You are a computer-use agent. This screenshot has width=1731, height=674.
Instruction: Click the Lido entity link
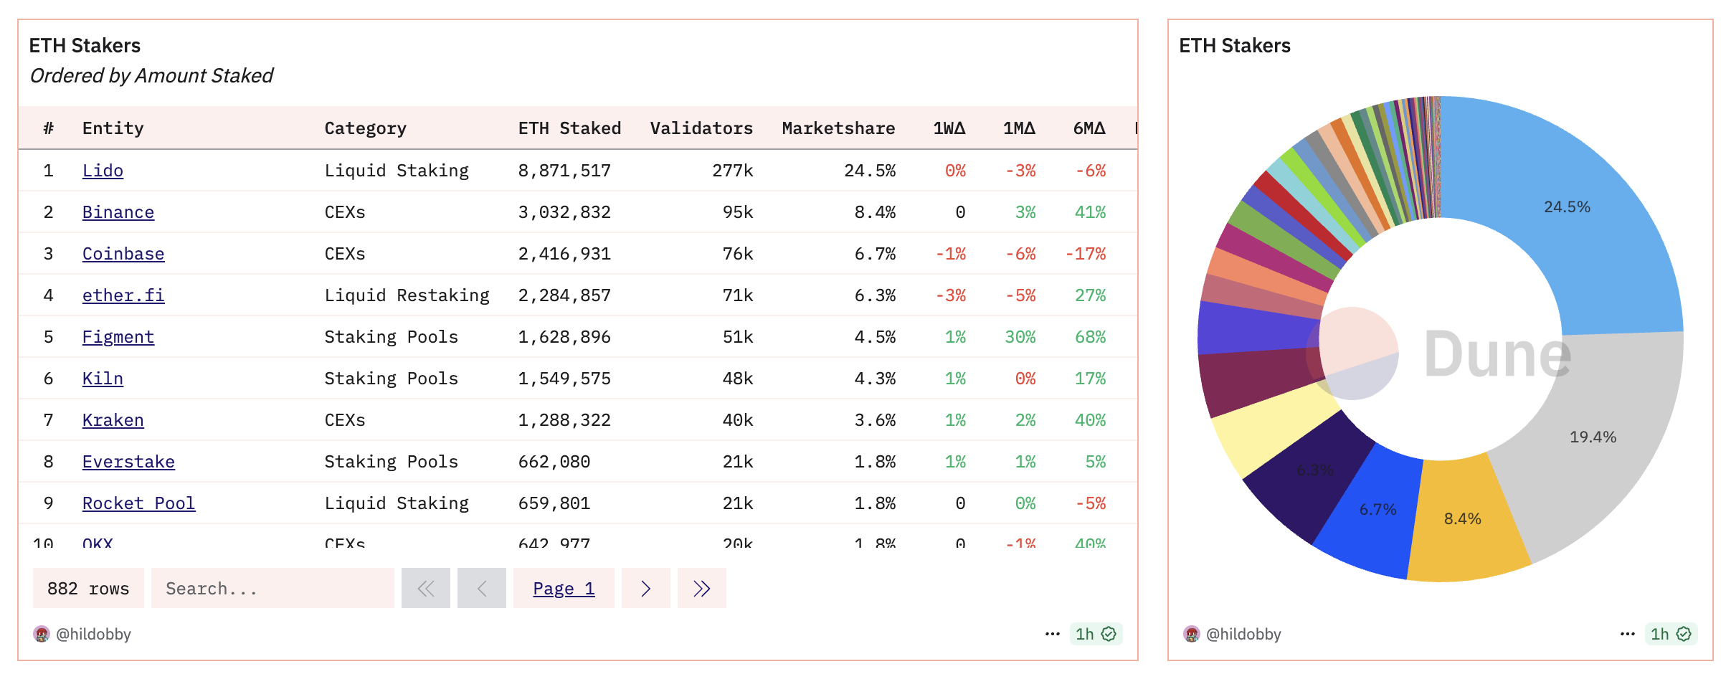tap(103, 171)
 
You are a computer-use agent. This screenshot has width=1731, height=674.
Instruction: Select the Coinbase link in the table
tap(123, 254)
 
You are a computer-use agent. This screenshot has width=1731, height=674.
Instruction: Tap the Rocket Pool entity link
tap(138, 503)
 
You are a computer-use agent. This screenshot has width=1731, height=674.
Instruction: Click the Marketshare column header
tap(838, 128)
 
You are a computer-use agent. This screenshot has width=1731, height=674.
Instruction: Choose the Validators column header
tap(701, 128)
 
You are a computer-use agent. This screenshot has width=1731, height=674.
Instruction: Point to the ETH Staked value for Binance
tap(564, 212)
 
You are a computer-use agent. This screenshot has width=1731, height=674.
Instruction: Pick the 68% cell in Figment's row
tap(1090, 337)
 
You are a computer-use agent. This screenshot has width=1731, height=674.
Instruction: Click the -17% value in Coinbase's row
tap(1086, 254)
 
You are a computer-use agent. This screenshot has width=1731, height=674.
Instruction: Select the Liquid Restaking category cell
tap(407, 295)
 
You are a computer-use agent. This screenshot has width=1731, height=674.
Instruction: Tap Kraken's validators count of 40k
tap(737, 420)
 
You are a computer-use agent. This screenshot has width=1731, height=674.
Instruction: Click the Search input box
tap(272, 589)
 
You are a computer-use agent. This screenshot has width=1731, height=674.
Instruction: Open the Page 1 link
tap(564, 589)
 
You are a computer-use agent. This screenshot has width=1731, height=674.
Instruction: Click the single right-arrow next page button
tap(645, 589)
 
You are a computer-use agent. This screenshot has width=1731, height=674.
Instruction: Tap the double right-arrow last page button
tap(701, 589)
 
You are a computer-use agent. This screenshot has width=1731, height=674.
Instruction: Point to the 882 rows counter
tap(88, 589)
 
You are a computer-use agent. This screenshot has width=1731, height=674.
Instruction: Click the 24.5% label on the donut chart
tap(1567, 207)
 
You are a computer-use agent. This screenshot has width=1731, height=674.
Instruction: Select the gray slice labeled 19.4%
tap(1593, 437)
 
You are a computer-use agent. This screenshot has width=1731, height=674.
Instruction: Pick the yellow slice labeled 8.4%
tap(1463, 519)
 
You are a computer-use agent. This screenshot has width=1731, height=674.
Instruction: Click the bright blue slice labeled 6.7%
tap(1377, 510)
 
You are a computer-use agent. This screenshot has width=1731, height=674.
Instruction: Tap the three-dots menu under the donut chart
tap(1627, 634)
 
